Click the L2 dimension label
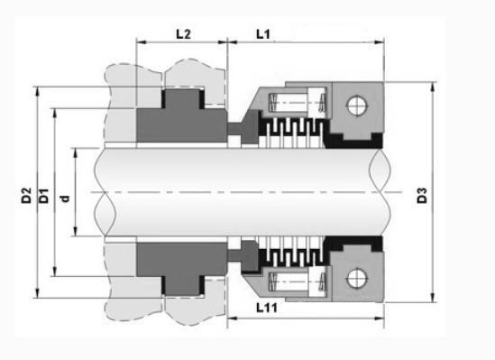pyautogui.click(x=183, y=34)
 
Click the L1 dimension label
pyautogui.click(x=263, y=34)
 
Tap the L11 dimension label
pyautogui.click(x=267, y=308)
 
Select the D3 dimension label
pyautogui.click(x=422, y=195)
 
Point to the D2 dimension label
pyautogui.click(x=26, y=195)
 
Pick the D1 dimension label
pyautogui.click(x=44, y=196)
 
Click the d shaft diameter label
pyautogui.click(x=65, y=198)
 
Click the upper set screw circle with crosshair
pyautogui.click(x=357, y=105)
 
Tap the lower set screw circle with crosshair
pyautogui.click(x=357, y=279)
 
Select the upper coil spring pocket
pyautogui.click(x=297, y=103)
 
